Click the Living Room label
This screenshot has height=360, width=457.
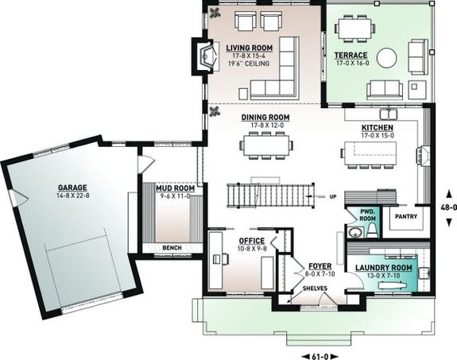[x=250, y=48]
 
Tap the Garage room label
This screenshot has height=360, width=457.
[x=72, y=188]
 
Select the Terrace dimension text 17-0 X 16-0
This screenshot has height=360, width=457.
[x=352, y=63]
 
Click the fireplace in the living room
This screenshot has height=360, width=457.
[x=206, y=56]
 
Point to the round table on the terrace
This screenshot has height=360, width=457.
[x=386, y=58]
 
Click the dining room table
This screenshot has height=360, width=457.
[x=266, y=145]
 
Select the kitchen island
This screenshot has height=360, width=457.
[x=370, y=153]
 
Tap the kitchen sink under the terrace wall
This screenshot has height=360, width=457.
[x=388, y=114]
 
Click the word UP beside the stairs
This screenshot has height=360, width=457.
[x=333, y=197]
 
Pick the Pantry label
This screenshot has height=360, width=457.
[x=406, y=217]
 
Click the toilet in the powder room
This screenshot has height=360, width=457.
[x=373, y=230]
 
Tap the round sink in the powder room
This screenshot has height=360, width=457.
[x=355, y=232]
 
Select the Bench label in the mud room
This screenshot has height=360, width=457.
[x=172, y=248]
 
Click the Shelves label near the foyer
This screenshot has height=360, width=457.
[x=315, y=288]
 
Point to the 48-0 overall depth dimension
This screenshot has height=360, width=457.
[x=449, y=207]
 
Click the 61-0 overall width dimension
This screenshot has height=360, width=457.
[x=320, y=357]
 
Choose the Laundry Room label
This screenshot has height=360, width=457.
[x=384, y=268]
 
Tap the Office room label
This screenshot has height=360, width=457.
[x=252, y=241]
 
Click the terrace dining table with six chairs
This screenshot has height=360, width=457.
[x=354, y=29]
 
